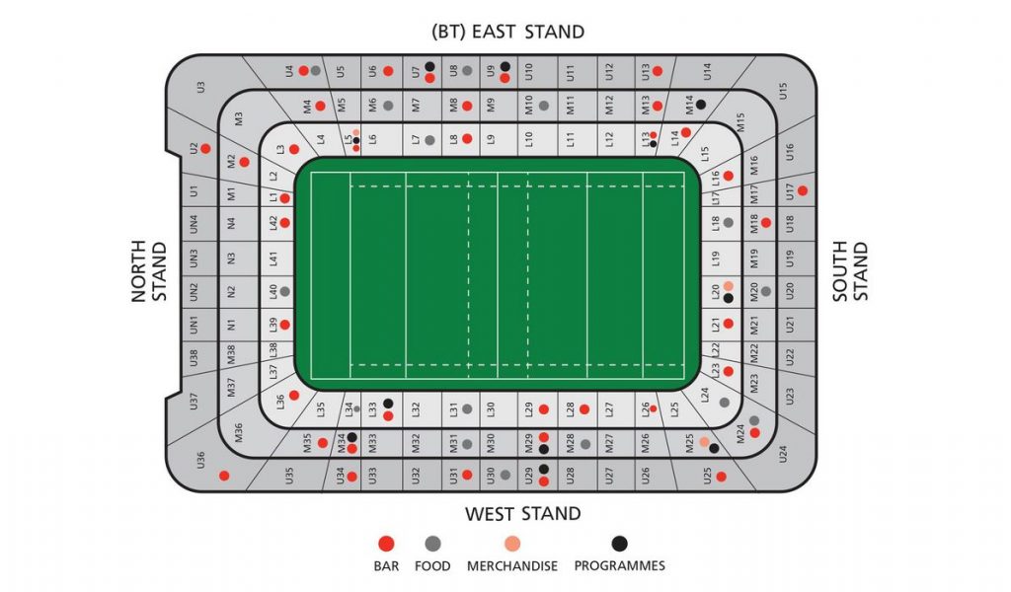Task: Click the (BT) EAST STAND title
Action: click(507, 32)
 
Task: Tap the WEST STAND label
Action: click(522, 513)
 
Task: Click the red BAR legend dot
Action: click(386, 544)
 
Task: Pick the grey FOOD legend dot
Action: click(431, 544)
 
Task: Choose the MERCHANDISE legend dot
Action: click(511, 544)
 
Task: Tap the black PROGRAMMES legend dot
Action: click(619, 544)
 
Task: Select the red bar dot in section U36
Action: click(224, 476)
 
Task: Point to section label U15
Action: click(783, 91)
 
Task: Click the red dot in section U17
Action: click(803, 190)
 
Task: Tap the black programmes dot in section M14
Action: click(700, 104)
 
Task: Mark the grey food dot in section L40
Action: click(284, 292)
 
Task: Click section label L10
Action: click(529, 139)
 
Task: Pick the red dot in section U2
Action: click(205, 149)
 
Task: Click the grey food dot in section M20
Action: click(765, 291)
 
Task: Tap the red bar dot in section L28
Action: click(583, 408)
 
